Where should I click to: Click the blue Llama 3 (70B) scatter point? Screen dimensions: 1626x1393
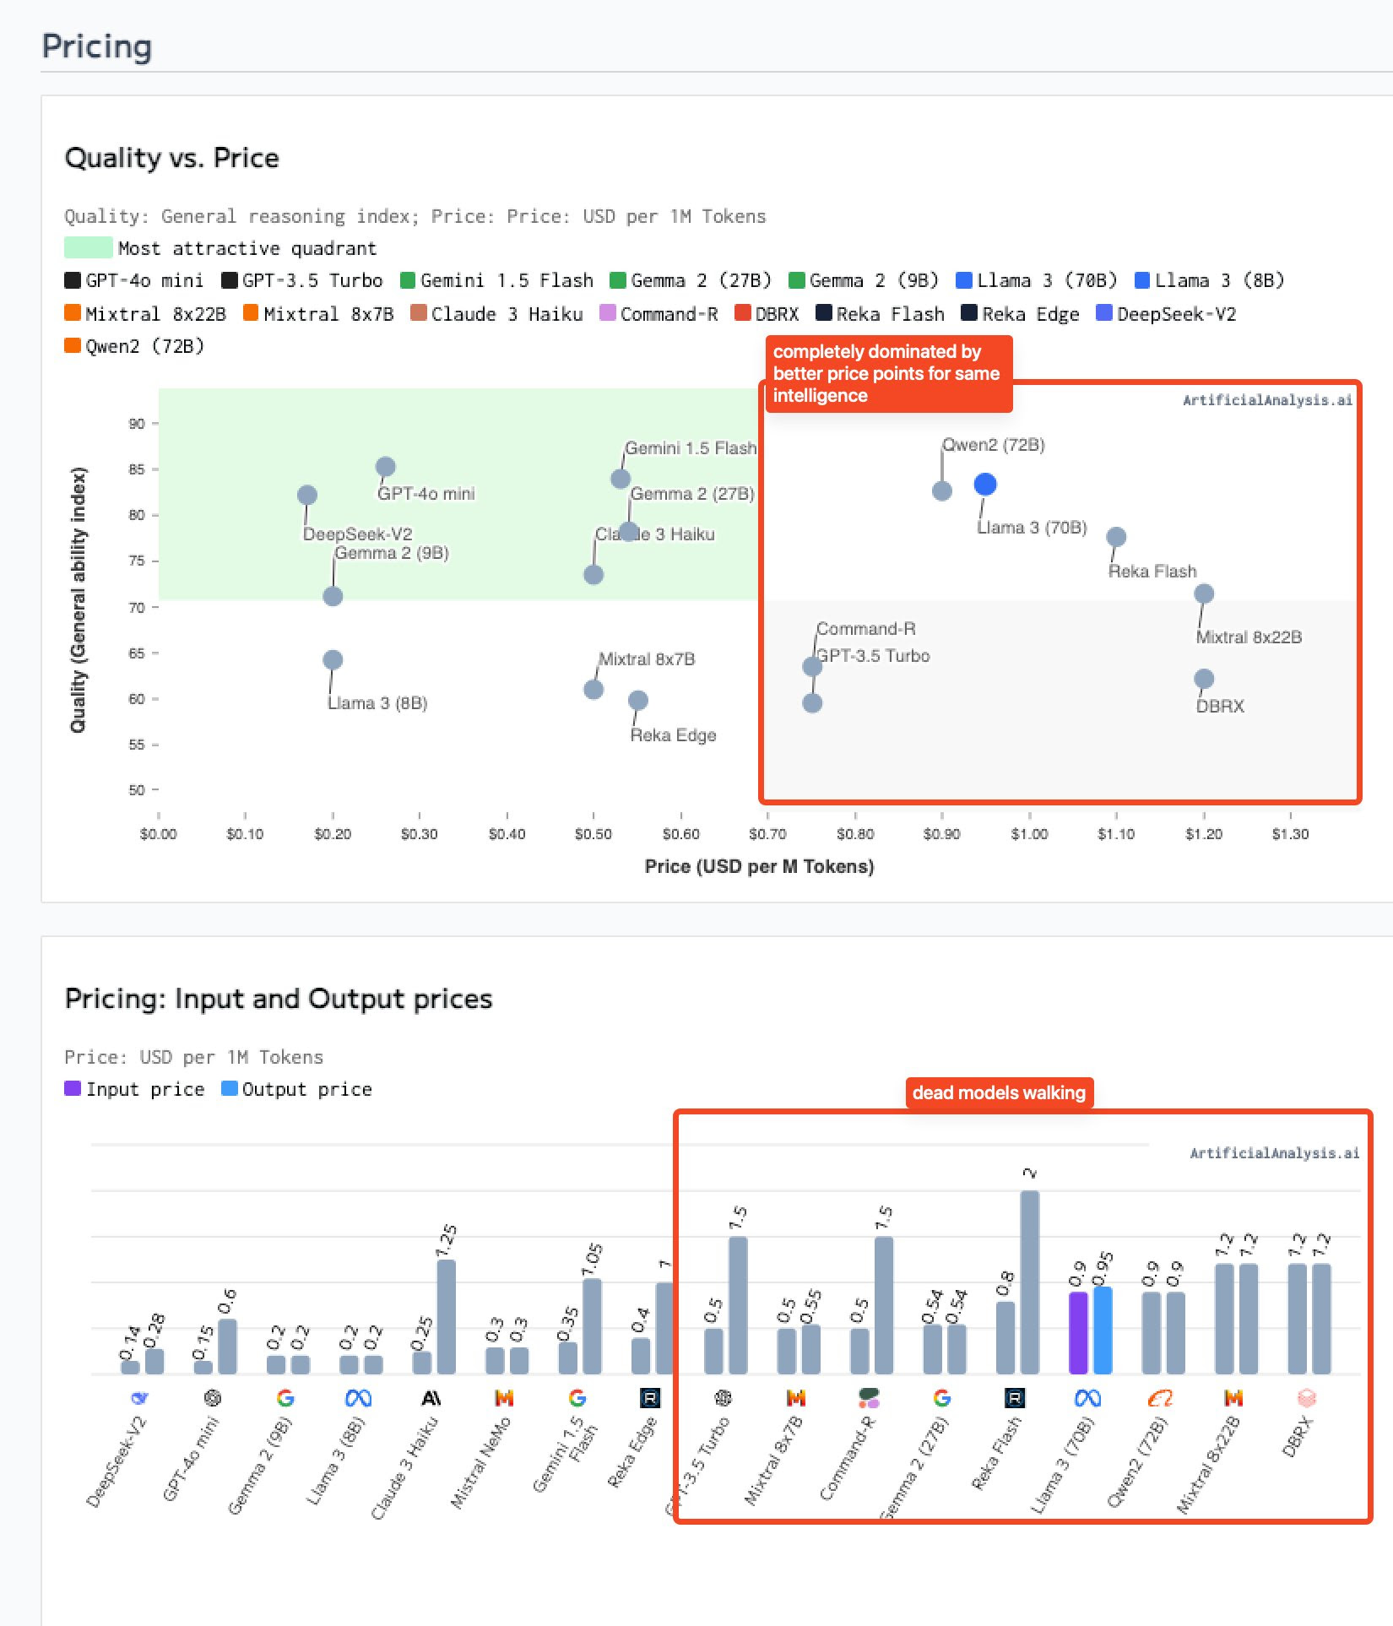(x=984, y=484)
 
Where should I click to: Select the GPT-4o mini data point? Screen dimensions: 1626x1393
(x=385, y=467)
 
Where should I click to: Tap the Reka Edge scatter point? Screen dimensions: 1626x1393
(x=638, y=700)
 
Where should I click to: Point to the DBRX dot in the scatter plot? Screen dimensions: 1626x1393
(x=1204, y=679)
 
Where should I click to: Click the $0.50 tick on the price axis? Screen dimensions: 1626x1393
(x=593, y=833)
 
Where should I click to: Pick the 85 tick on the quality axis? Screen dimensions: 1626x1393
(x=137, y=469)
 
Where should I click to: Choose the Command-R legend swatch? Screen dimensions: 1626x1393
(x=607, y=313)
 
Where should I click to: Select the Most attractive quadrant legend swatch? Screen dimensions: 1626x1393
(x=88, y=247)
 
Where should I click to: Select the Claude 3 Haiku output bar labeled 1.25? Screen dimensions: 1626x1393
(x=446, y=1316)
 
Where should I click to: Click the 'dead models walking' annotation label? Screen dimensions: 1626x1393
(x=999, y=1092)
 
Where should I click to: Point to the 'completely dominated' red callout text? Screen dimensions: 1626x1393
(x=886, y=373)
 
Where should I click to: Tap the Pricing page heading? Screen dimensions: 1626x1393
(x=97, y=46)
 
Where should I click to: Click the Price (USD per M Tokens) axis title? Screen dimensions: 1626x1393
(x=759, y=866)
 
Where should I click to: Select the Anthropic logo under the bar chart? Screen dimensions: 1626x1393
(x=431, y=1398)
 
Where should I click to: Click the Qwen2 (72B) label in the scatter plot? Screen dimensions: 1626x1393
(x=994, y=445)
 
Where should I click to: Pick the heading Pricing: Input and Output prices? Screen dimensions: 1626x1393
(x=279, y=999)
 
